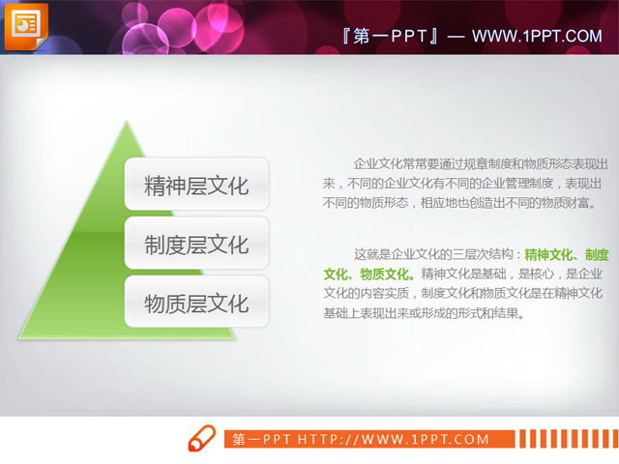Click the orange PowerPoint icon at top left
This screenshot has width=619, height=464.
coord(23,23)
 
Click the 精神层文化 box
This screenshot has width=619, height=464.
coord(196,185)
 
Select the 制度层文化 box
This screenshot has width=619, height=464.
coord(196,244)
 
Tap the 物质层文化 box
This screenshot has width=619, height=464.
coord(196,303)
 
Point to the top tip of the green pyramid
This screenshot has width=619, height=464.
coord(126,123)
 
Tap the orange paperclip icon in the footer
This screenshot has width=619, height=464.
coord(201,438)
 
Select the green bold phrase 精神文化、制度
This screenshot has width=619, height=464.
coord(566,254)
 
